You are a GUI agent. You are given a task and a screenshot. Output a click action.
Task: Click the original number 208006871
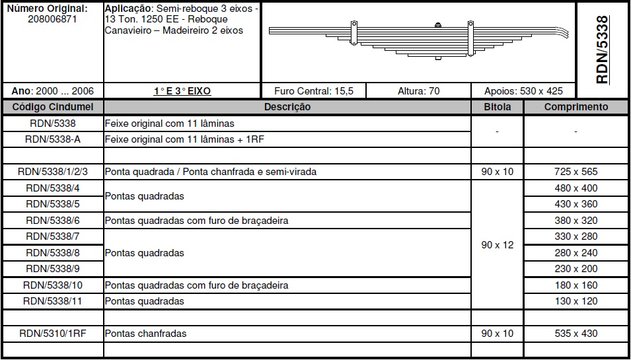pos(53,19)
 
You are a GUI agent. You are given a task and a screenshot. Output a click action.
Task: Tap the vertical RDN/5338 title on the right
pos(601,50)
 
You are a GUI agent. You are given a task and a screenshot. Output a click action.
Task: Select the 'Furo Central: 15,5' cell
pos(313,91)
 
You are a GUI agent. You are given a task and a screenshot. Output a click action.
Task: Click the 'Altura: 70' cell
pos(418,91)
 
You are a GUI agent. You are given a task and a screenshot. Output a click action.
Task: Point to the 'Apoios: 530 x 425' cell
pos(524,91)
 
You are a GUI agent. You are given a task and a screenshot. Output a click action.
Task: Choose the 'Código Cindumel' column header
pos(53,107)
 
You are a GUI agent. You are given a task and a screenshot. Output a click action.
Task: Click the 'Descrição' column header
pos(287,107)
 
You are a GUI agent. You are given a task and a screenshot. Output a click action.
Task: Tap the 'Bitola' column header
pos(497,107)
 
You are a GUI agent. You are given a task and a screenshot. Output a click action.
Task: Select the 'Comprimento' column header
pos(576,107)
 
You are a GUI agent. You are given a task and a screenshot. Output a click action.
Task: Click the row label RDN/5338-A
pos(53,139)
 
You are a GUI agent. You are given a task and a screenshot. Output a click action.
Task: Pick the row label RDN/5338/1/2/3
pos(53,172)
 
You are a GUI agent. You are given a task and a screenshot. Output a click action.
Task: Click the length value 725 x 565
pos(576,172)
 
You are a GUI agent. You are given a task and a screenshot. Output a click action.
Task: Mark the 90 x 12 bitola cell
pos(497,245)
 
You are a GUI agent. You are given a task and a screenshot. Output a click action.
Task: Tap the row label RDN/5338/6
pos(53,221)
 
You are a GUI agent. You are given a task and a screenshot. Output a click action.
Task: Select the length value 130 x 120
pos(576,301)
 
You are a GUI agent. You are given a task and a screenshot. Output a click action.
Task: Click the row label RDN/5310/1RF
pos(53,334)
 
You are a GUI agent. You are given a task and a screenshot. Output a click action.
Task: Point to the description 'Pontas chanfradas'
pos(145,334)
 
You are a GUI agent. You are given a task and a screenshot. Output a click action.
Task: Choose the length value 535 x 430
pos(576,334)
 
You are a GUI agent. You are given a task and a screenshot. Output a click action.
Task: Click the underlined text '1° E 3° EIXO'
pos(182,91)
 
